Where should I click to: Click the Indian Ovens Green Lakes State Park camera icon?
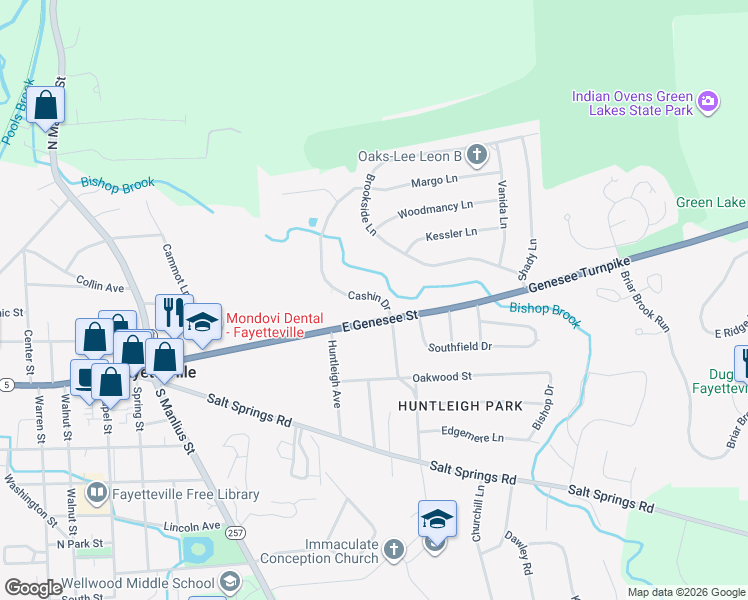pyautogui.click(x=708, y=102)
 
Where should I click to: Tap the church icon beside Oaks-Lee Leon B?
pyautogui.click(x=477, y=155)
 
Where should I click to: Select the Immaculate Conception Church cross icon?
pyautogui.click(x=394, y=549)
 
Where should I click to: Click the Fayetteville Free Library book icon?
pyautogui.click(x=97, y=493)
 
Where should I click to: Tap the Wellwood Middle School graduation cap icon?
pyautogui.click(x=229, y=582)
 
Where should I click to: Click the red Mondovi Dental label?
pyautogui.click(x=275, y=322)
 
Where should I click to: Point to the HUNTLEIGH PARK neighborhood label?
pyautogui.click(x=460, y=406)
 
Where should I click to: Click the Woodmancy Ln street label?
pyautogui.click(x=434, y=209)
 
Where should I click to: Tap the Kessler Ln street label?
pyautogui.click(x=451, y=232)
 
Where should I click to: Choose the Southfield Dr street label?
pyautogui.click(x=460, y=347)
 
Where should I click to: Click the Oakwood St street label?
pyautogui.click(x=441, y=377)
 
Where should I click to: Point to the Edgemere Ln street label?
pyautogui.click(x=473, y=437)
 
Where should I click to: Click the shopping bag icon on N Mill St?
pyautogui.click(x=45, y=104)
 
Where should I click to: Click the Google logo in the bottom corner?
pyautogui.click(x=33, y=588)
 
